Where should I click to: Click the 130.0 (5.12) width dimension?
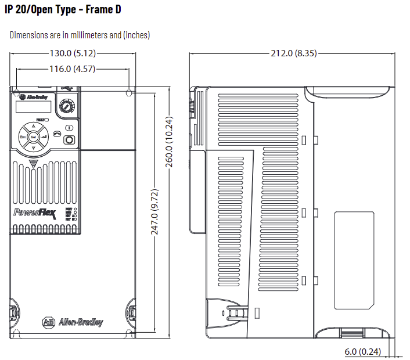click(73, 53)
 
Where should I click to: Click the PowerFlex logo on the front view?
click(34, 213)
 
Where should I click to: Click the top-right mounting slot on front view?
click(129, 92)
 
